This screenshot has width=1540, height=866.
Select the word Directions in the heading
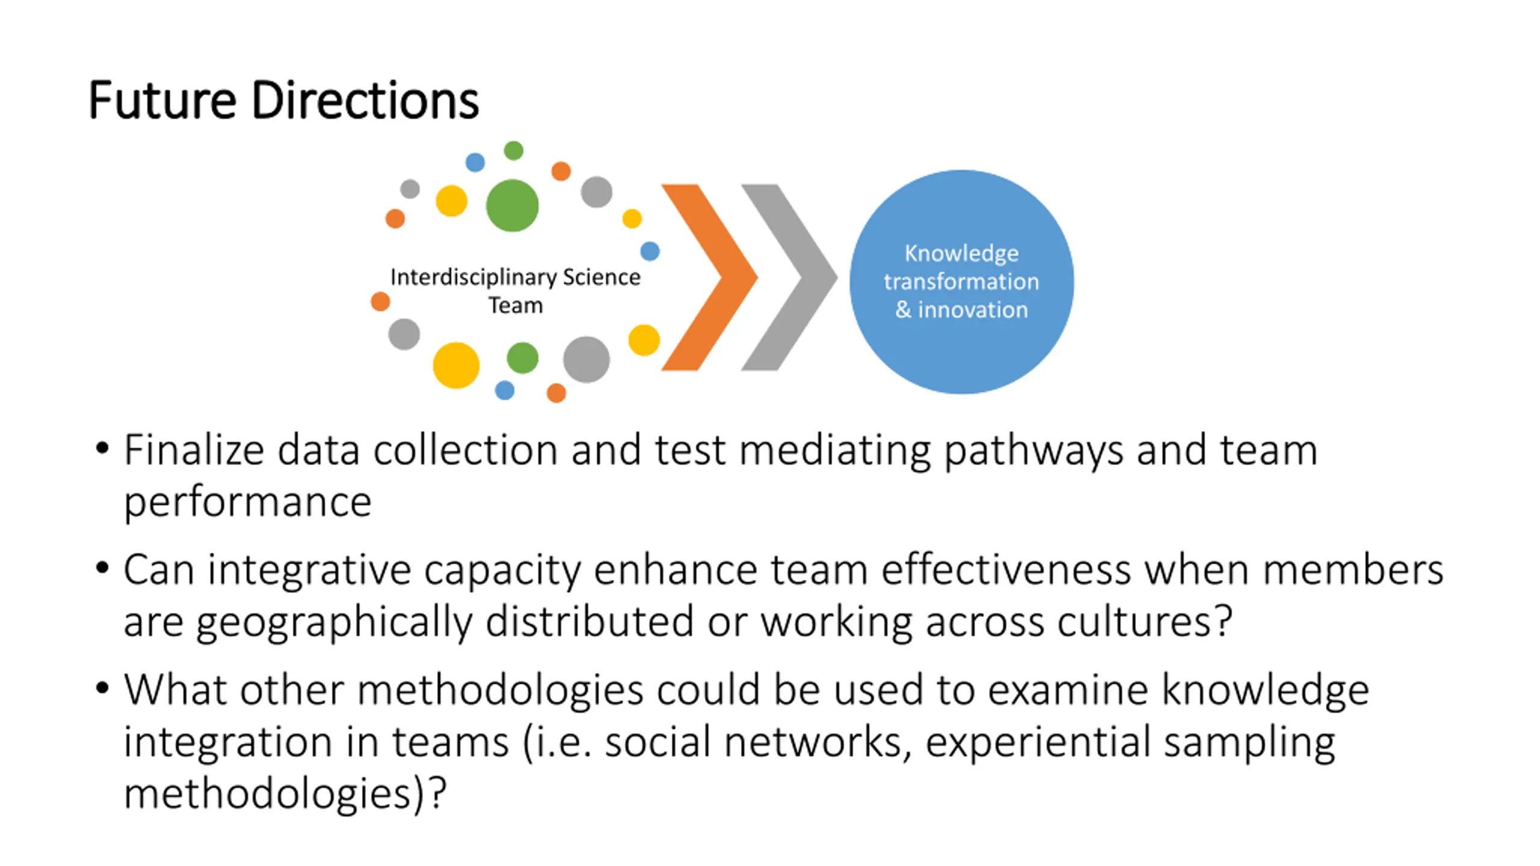365,100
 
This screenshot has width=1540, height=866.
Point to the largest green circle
512,206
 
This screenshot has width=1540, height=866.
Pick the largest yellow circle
456,365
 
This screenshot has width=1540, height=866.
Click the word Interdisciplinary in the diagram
473,277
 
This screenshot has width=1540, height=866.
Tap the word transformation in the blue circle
961,281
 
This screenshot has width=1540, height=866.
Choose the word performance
247,503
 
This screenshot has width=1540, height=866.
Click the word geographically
334,622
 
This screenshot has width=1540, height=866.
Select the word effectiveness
1006,570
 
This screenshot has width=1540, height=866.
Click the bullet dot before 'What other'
102,687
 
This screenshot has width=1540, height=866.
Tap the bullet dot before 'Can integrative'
102,567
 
